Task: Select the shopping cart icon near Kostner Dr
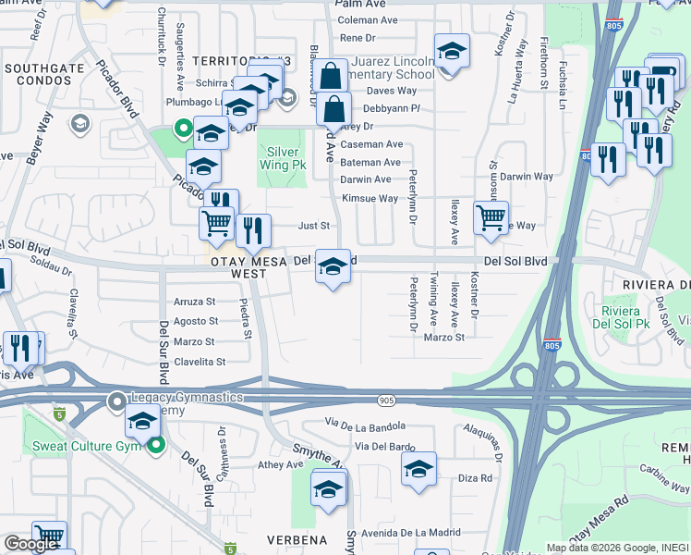tap(491, 218)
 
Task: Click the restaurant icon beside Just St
tap(253, 230)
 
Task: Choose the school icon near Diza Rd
tap(418, 469)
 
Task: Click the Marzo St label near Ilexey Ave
tap(443, 338)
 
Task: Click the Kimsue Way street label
tap(370, 199)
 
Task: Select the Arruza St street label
tap(194, 302)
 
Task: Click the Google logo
tap(30, 544)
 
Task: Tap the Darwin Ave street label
tap(366, 179)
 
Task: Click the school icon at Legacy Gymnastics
tap(142, 422)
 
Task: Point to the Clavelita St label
tap(200, 362)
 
